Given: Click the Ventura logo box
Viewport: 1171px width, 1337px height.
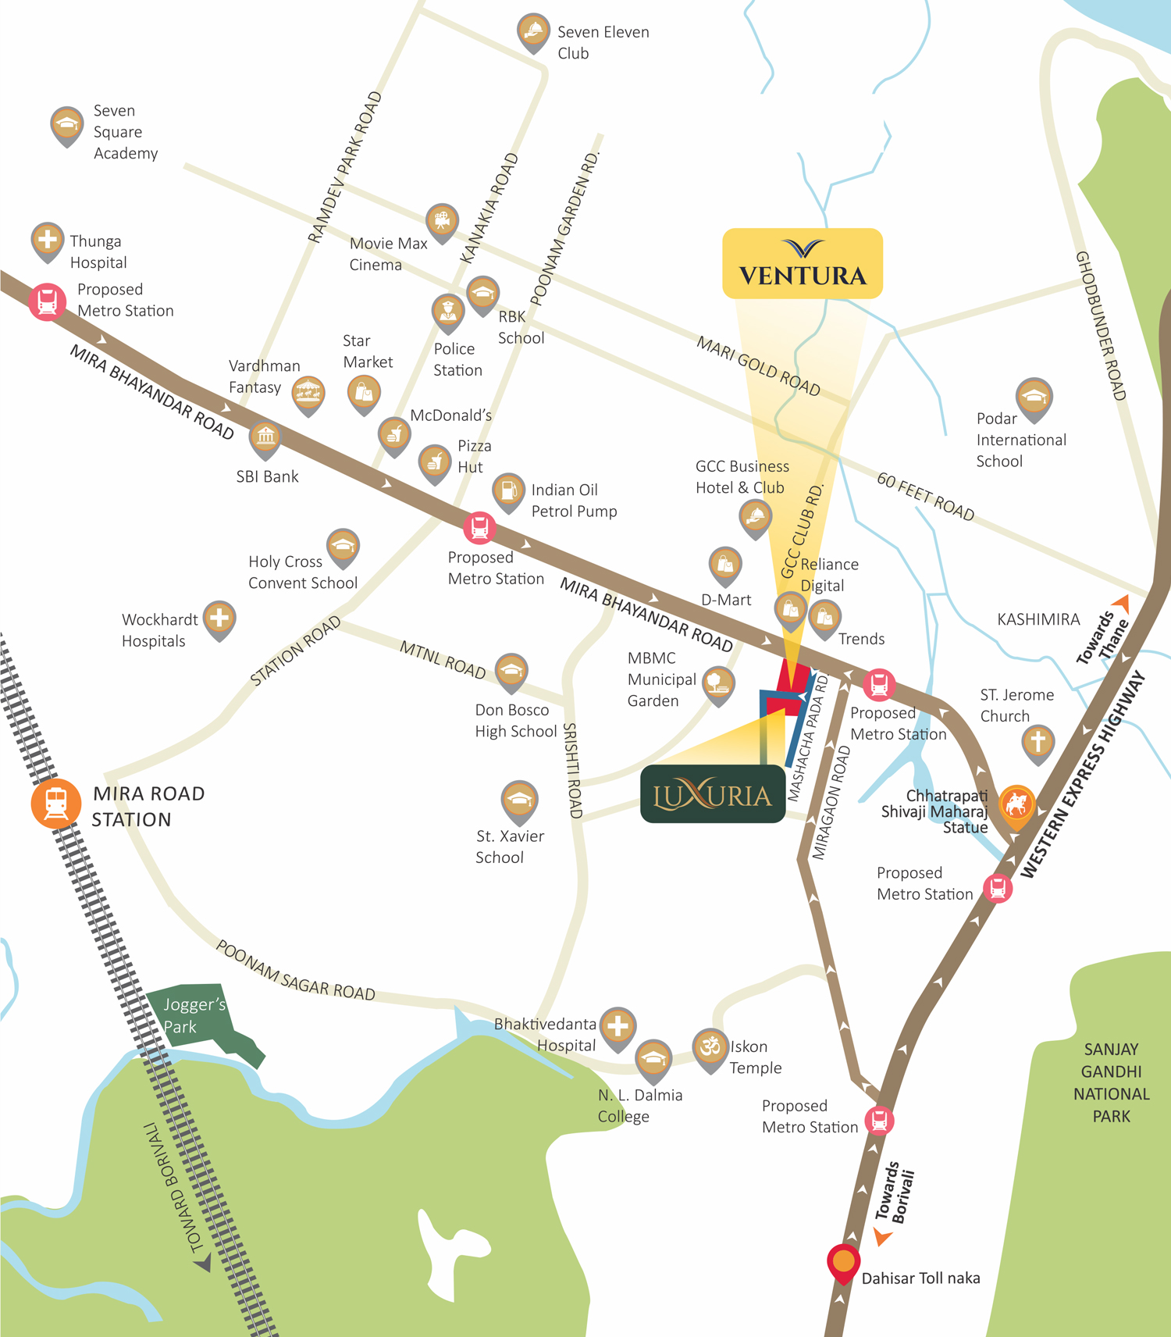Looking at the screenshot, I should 803,263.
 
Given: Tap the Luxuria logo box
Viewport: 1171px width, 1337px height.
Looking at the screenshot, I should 712,794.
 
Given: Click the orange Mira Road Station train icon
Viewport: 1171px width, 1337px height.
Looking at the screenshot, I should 55,803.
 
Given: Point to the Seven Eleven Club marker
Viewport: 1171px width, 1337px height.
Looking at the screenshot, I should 533,31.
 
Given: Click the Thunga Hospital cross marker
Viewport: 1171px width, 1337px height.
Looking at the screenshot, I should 48,239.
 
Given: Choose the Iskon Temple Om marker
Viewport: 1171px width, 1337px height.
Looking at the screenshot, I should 710,1046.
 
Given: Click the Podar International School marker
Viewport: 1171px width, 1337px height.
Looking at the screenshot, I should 1034,397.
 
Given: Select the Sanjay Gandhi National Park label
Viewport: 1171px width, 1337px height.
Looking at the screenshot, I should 1111,1082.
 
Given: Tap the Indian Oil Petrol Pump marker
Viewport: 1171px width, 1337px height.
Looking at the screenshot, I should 508,490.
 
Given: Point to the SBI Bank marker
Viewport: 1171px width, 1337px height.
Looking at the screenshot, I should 265,437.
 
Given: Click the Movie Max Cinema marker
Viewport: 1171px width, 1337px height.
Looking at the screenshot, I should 442,220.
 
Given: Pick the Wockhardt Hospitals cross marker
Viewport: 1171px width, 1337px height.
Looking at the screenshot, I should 219,618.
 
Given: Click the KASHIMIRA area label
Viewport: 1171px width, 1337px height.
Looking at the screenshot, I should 1038,619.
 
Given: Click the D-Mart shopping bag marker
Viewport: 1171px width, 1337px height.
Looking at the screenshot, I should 724,564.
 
